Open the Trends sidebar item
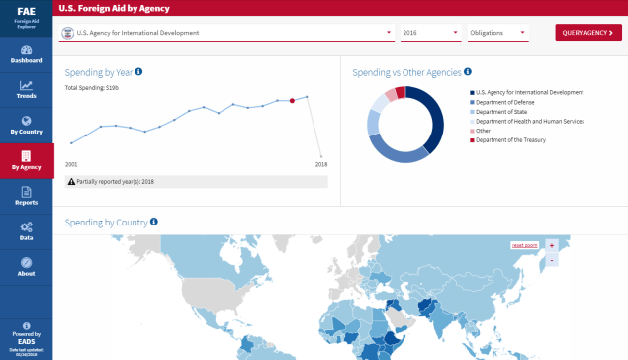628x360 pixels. coord(27,89)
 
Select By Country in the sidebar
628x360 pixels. coord(27,124)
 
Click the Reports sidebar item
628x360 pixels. coord(27,195)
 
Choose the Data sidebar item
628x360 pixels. coord(27,231)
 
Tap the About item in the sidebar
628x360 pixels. coord(27,267)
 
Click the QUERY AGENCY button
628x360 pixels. coord(588,33)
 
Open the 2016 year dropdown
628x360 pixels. coord(431,33)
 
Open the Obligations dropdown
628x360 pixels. coord(497,33)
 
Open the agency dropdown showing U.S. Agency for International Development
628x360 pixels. coord(226,33)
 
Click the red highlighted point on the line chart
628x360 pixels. coord(292,100)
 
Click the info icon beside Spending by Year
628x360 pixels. coord(138,72)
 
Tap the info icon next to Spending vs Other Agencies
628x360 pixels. coord(468,72)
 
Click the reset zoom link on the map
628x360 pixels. coord(523,245)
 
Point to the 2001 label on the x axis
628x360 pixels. coord(71,164)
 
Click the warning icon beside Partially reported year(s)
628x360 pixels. coord(70,182)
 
